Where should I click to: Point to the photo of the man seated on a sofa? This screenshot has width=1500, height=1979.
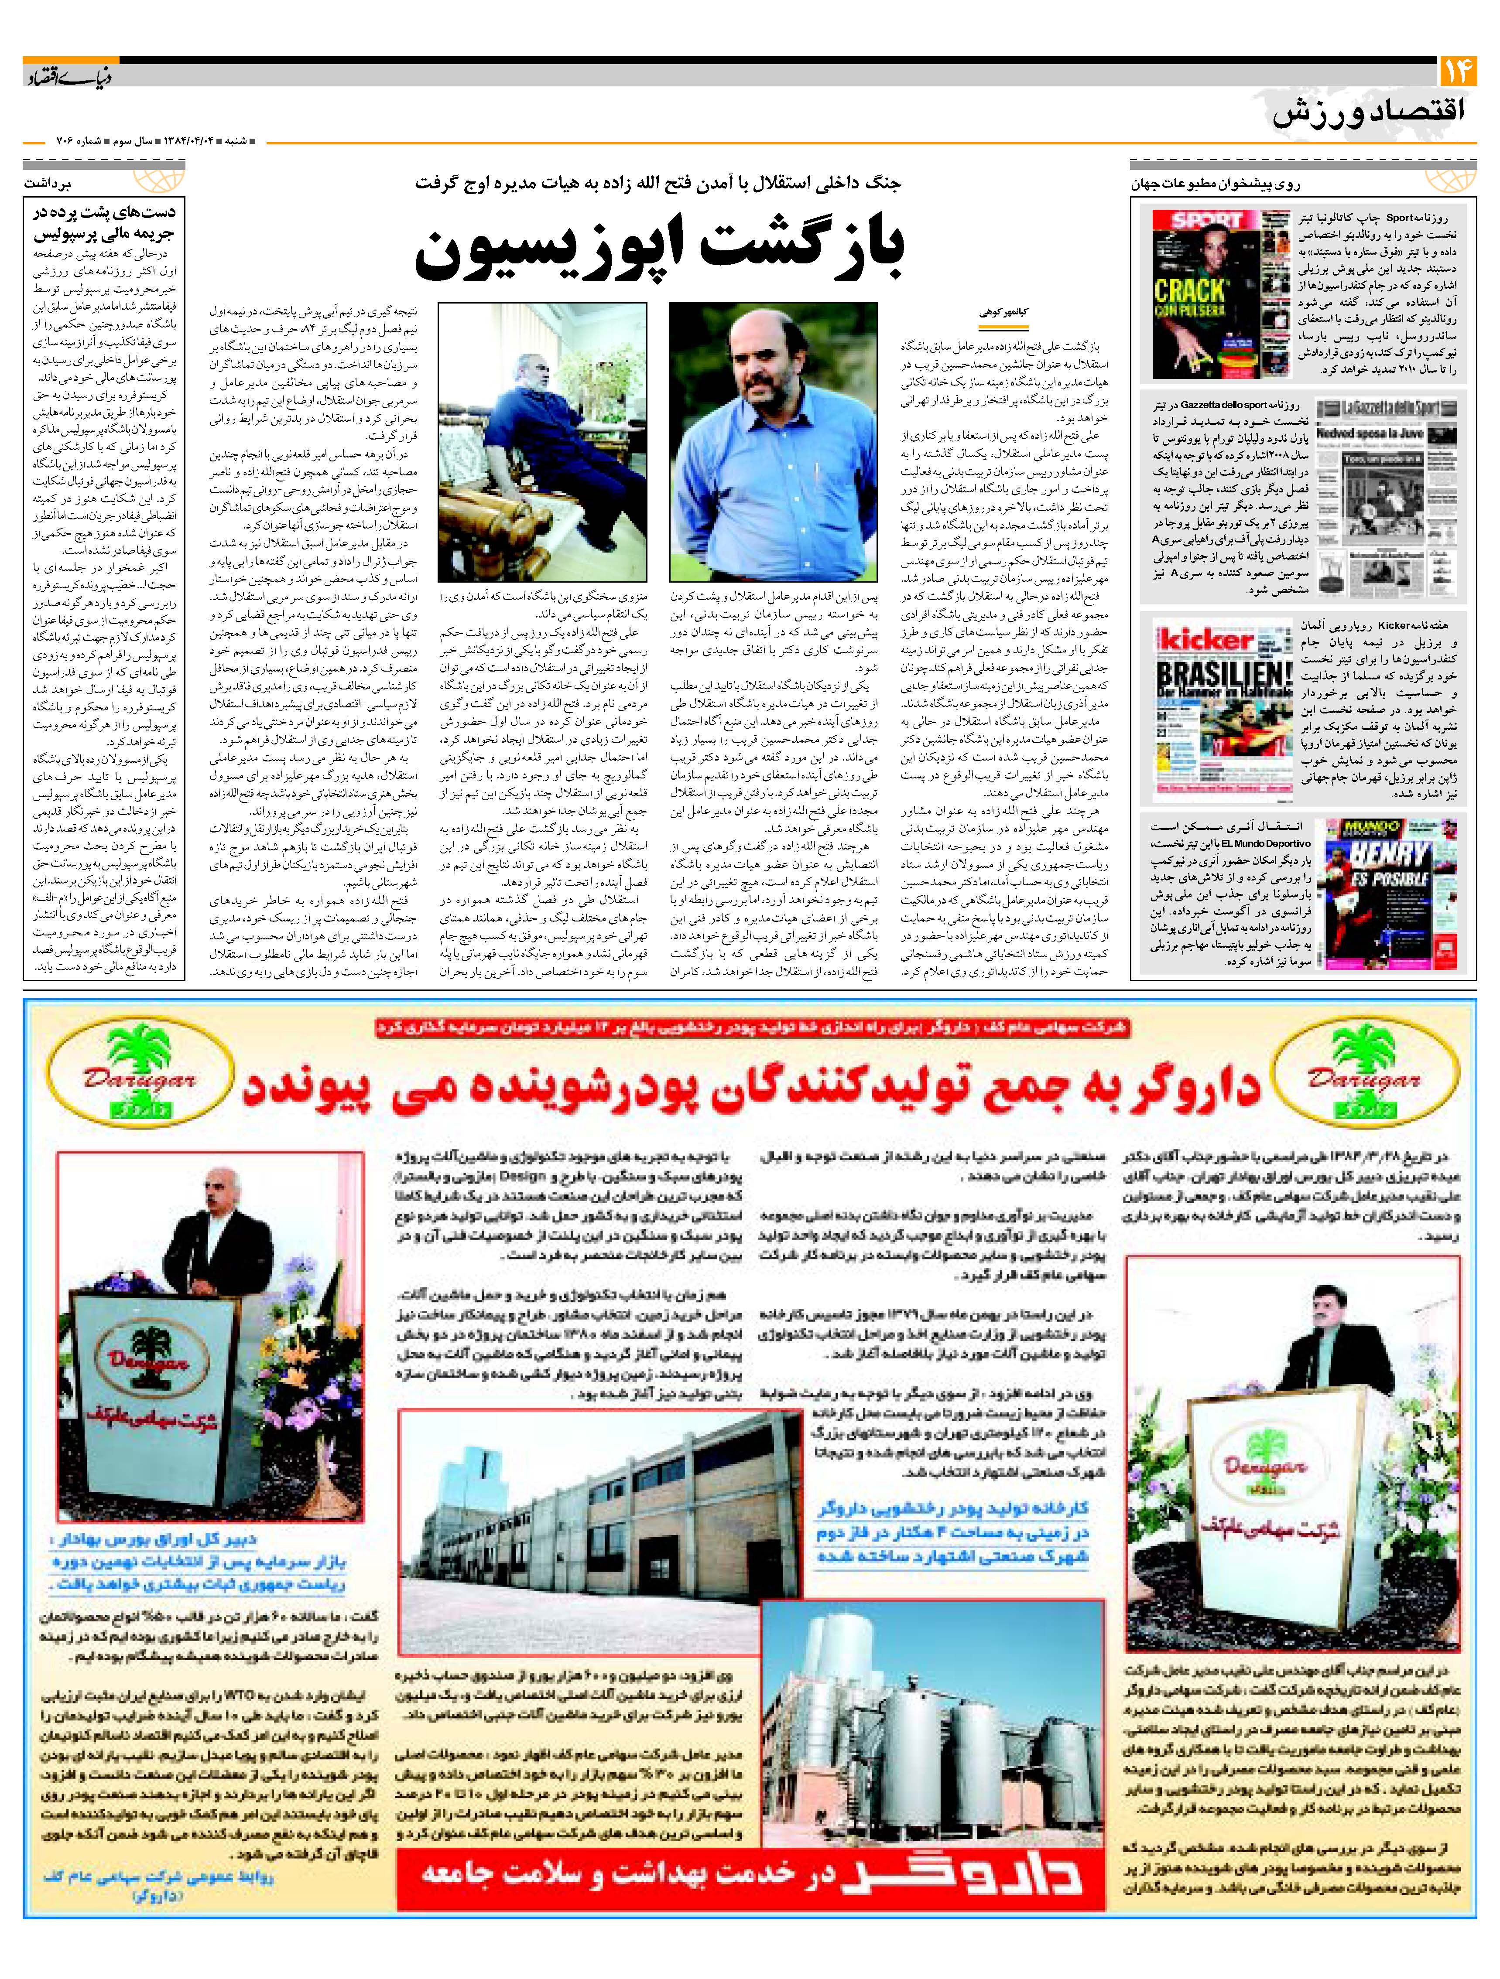click(541, 443)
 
